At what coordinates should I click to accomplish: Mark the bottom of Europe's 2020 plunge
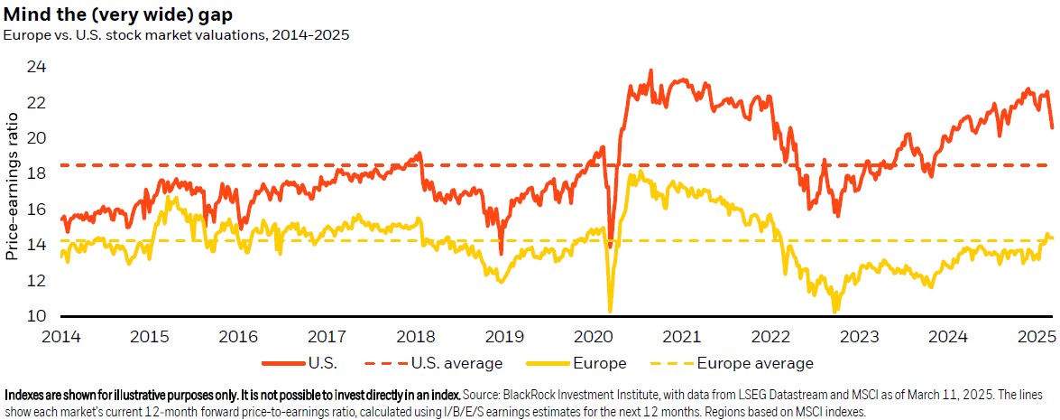pyautogui.click(x=611, y=310)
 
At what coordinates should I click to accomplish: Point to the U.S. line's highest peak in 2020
pyautogui.click(x=650, y=71)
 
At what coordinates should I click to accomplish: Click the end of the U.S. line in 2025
pyautogui.click(x=1052, y=126)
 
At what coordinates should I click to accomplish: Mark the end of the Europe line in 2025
pyautogui.click(x=1052, y=238)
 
